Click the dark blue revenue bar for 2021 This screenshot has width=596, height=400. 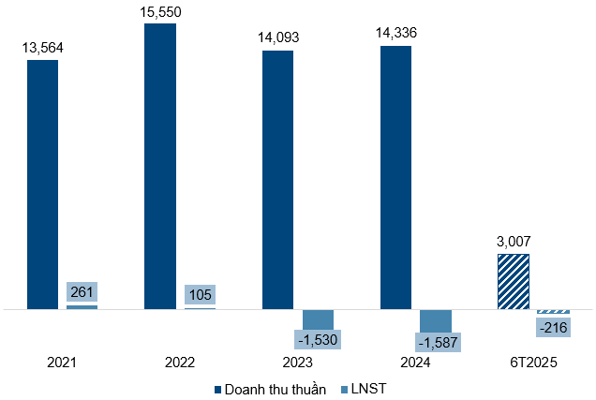click(x=42, y=184)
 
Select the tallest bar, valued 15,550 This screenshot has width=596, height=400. click(x=160, y=166)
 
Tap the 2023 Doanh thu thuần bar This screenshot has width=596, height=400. click(x=277, y=179)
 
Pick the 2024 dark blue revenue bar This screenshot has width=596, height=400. click(x=395, y=177)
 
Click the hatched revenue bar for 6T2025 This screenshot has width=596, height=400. click(x=513, y=281)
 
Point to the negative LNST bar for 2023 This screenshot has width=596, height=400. click(x=318, y=319)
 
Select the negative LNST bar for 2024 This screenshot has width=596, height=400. click(x=436, y=319)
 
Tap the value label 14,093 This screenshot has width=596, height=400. click(x=277, y=38)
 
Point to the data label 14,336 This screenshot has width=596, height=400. click(x=395, y=34)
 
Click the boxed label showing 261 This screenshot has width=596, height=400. click(x=82, y=291)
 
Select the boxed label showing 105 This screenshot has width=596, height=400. click(x=200, y=294)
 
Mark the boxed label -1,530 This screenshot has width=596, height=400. click(x=318, y=339)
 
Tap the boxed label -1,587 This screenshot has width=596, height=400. click(x=436, y=340)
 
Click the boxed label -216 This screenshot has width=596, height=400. click(x=553, y=326)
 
